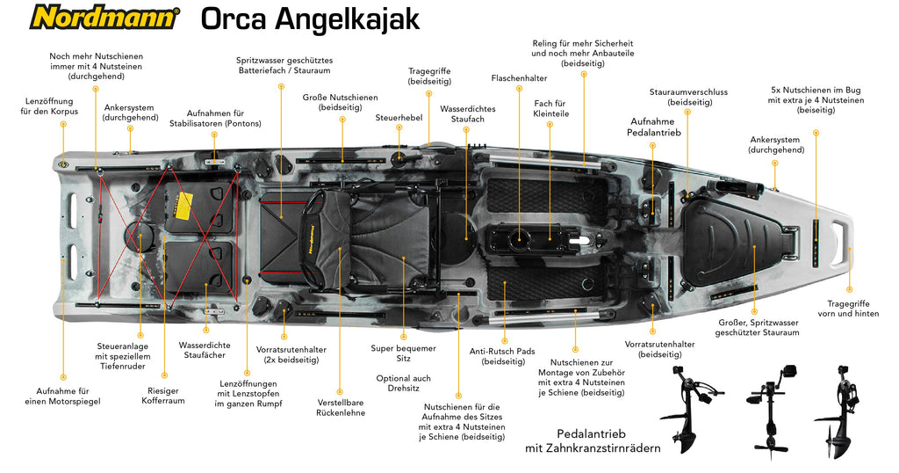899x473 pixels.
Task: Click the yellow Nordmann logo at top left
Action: click(x=104, y=18)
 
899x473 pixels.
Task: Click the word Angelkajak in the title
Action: click(x=348, y=19)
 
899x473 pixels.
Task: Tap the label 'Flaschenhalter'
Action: click(x=519, y=78)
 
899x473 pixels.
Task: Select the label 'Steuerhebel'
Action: click(x=399, y=118)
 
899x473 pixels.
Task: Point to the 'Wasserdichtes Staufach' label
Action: click(x=468, y=113)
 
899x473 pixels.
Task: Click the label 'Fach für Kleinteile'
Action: click(x=550, y=108)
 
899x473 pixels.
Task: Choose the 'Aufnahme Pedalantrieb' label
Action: click(x=653, y=127)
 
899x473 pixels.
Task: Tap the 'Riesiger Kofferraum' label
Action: click(x=163, y=396)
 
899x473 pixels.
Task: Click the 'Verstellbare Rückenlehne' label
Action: click(x=341, y=408)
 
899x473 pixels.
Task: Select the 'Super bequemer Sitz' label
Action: click(x=403, y=353)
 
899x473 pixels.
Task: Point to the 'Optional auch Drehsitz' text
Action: click(x=404, y=382)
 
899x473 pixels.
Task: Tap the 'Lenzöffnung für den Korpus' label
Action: click(x=49, y=106)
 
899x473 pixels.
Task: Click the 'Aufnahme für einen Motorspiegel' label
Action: click(x=62, y=397)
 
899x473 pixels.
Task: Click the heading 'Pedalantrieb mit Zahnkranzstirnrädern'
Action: click(x=593, y=440)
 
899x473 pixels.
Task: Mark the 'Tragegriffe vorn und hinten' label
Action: click(x=848, y=309)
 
